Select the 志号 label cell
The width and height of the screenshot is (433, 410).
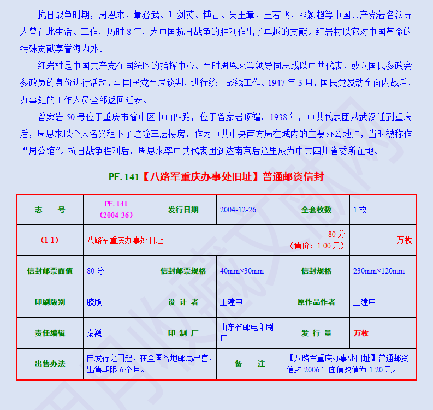(x=50, y=210)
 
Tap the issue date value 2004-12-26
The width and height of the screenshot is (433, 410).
(x=238, y=210)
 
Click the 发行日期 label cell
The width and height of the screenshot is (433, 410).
(x=183, y=210)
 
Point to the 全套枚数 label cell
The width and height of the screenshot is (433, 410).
(x=316, y=210)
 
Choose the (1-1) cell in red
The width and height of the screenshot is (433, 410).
(x=50, y=240)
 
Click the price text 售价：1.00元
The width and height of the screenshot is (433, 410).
(x=317, y=246)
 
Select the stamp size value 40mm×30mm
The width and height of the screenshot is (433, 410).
(x=241, y=271)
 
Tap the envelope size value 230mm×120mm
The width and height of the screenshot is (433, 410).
(x=378, y=271)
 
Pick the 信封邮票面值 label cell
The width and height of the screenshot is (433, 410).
(x=50, y=271)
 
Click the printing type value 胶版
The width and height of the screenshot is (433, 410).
(x=94, y=302)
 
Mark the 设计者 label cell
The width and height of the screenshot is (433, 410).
(x=183, y=302)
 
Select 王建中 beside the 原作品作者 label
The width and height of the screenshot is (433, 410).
(x=364, y=302)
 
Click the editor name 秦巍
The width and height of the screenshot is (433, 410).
(x=94, y=333)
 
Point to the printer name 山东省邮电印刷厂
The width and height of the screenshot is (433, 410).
(x=246, y=333)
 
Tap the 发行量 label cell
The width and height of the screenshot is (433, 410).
(x=316, y=333)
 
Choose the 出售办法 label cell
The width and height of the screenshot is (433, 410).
(x=50, y=364)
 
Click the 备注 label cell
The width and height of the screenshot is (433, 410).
(x=250, y=364)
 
